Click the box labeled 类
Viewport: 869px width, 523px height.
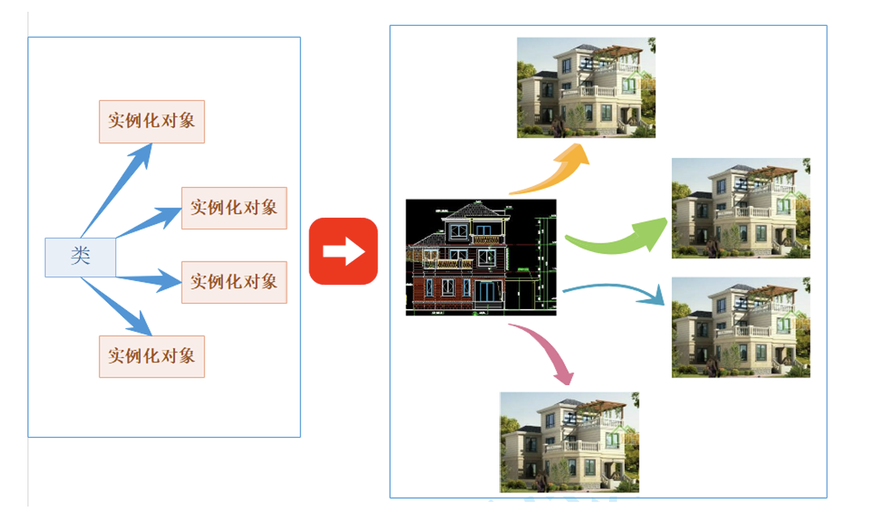click(81, 257)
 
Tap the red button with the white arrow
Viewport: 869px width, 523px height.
click(343, 251)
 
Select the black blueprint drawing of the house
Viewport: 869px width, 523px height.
click(481, 258)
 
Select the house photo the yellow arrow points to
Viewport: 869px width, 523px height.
click(586, 88)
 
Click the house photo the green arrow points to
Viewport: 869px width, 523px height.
click(741, 208)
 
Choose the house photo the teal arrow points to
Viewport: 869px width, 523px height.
click(741, 327)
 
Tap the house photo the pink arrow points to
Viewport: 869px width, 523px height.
click(569, 442)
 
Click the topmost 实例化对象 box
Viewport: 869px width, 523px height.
click(152, 121)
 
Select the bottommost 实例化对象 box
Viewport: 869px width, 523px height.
click(152, 356)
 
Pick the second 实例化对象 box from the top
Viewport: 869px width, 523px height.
click(234, 208)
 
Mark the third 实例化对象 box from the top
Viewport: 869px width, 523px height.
click(234, 282)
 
